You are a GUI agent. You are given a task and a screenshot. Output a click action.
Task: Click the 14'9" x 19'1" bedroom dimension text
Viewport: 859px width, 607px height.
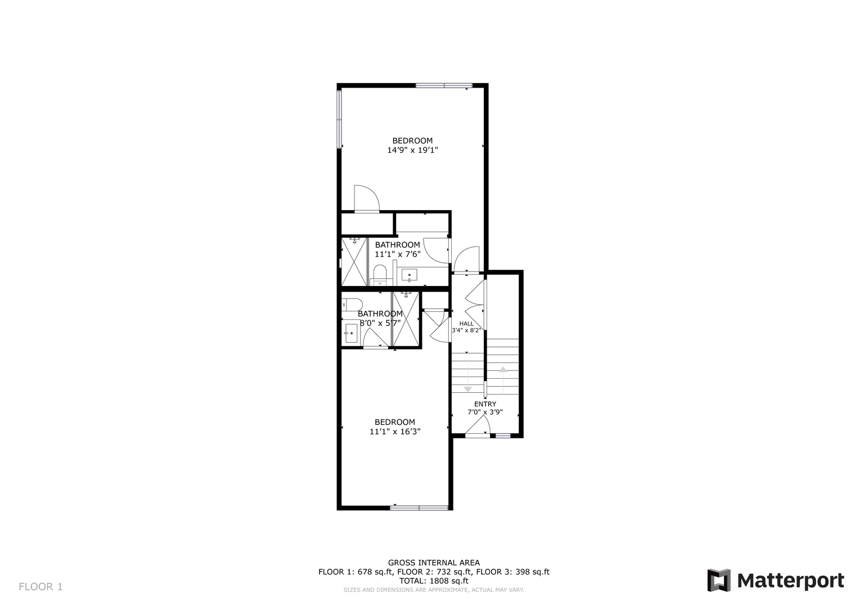click(412, 150)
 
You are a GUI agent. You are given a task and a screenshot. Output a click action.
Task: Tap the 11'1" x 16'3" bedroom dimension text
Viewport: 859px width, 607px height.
click(394, 432)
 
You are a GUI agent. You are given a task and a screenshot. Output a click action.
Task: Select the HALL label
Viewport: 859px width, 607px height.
click(466, 323)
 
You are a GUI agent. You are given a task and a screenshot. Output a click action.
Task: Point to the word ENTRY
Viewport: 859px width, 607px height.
click(485, 404)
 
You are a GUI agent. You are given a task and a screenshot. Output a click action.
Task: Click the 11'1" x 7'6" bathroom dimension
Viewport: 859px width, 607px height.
click(397, 253)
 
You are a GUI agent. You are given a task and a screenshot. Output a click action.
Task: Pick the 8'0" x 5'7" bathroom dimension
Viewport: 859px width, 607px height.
click(380, 323)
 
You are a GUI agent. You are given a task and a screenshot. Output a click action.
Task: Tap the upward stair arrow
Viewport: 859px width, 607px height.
click(503, 380)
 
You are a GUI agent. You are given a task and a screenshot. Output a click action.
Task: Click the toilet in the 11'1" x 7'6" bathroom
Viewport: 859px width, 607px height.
click(380, 275)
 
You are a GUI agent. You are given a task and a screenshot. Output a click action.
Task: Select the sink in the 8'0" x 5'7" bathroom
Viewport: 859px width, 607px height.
click(351, 333)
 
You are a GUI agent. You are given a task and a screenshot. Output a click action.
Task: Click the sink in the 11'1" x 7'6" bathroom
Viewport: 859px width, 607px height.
click(409, 275)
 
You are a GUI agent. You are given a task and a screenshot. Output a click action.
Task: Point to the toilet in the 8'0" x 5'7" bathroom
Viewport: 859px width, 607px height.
click(352, 305)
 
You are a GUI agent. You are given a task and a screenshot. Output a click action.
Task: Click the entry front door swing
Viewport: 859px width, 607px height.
click(478, 425)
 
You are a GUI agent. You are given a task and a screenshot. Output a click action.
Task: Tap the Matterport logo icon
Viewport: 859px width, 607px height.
click(719, 581)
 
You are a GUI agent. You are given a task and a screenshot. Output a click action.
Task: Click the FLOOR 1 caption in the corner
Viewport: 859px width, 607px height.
click(41, 587)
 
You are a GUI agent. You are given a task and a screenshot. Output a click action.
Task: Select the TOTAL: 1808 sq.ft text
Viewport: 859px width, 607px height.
click(434, 581)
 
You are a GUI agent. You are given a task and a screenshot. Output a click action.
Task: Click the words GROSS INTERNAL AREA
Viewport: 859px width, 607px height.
click(434, 563)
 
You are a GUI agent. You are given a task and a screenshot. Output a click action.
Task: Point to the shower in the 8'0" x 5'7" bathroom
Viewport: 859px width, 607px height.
click(406, 320)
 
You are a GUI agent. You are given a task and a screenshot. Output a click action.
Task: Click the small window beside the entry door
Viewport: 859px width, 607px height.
click(503, 436)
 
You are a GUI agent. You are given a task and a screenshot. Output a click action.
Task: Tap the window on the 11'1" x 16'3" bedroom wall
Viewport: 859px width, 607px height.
click(419, 508)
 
